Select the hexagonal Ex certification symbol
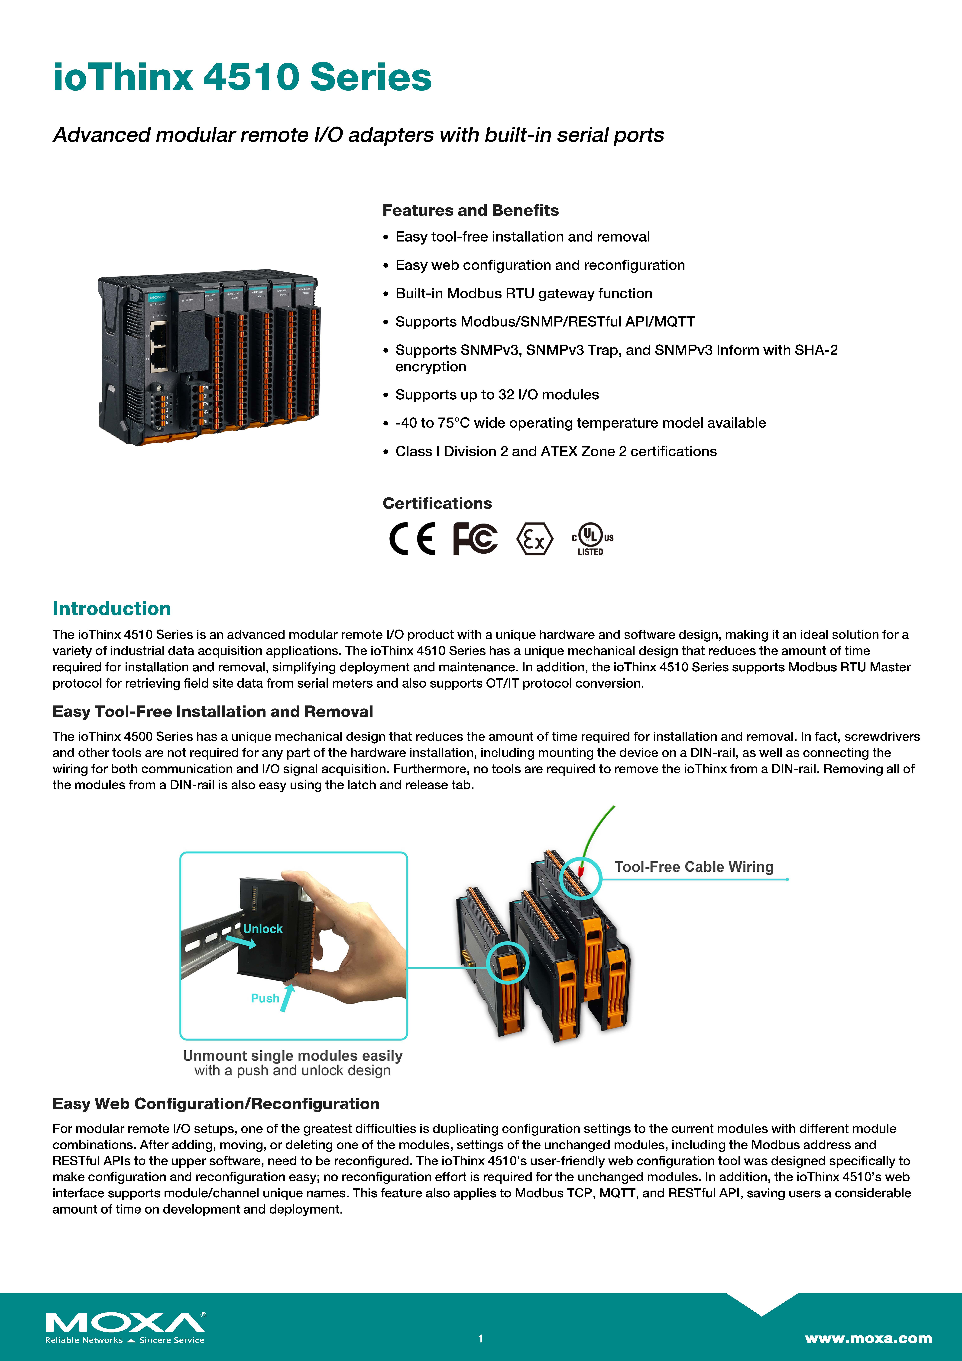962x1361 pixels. (535, 538)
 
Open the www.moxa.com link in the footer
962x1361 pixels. (868, 1338)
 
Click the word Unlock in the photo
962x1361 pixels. (263, 929)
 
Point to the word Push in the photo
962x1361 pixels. (265, 998)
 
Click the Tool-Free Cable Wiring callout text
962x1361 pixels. (693, 867)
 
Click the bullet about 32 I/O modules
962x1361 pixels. (497, 395)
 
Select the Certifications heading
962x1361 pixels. (437, 503)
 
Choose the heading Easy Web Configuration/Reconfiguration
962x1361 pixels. (216, 1104)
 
